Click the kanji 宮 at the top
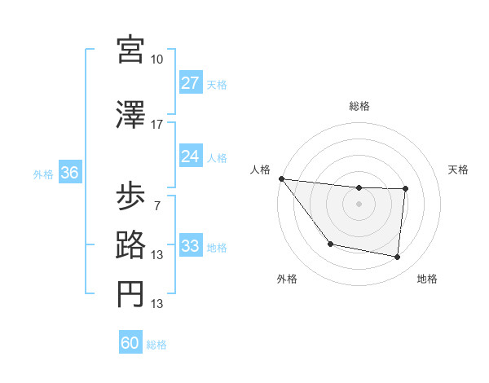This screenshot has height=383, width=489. (x=130, y=51)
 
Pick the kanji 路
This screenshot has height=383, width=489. (x=130, y=245)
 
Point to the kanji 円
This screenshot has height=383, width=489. (x=130, y=294)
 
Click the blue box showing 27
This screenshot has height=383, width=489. (x=191, y=83)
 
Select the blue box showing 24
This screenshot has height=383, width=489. (x=191, y=156)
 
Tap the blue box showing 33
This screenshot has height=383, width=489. (x=191, y=246)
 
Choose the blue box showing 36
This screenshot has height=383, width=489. (x=70, y=173)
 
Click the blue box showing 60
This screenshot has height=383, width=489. (x=130, y=343)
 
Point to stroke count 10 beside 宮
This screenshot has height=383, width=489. (x=157, y=59)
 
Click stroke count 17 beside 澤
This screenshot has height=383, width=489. (x=157, y=125)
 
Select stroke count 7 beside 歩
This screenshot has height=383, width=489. (x=156, y=205)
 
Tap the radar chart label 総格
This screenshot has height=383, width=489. (x=359, y=106)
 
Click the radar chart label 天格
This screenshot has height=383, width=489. (x=458, y=169)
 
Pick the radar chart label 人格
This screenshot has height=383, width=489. (x=259, y=169)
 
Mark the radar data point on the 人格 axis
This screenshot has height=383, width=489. (x=281, y=178)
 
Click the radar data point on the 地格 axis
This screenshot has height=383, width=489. (x=398, y=258)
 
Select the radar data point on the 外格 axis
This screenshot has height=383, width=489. (x=330, y=244)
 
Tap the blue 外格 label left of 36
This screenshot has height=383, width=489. (x=42, y=174)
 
